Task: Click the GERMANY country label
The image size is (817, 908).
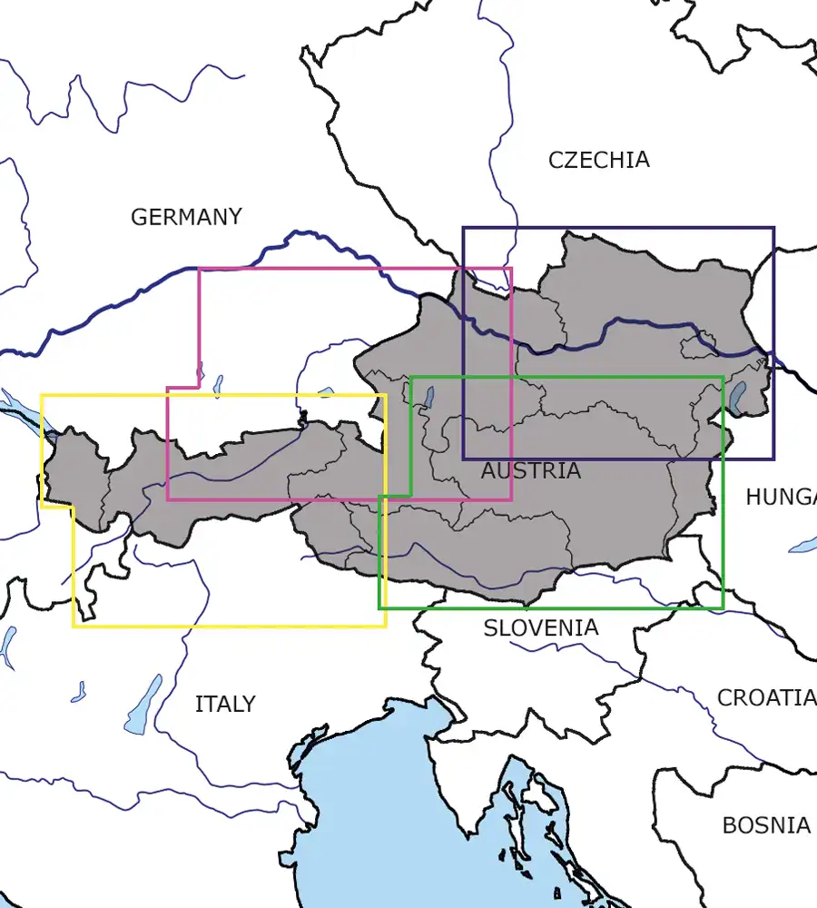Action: tap(186, 217)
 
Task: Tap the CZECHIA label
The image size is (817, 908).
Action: tap(598, 160)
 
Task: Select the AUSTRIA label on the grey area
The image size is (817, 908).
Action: tap(530, 471)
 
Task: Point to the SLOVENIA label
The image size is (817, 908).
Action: tap(540, 627)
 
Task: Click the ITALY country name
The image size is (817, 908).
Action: tap(225, 704)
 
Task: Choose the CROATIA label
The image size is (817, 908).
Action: tap(765, 697)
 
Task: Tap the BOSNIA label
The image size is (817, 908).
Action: tap(766, 825)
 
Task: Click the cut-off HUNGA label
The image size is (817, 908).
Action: tap(780, 497)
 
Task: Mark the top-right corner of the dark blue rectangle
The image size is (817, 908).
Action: tap(773, 228)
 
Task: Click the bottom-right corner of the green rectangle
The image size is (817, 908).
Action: tap(723, 607)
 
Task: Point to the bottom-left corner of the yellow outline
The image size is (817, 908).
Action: tap(74, 626)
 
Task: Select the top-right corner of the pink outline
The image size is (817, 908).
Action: tap(511, 268)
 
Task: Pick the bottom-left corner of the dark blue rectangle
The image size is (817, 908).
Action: tap(464, 459)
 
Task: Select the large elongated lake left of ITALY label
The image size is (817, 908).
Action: tap(143, 704)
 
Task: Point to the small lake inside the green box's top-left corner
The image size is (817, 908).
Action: tap(428, 397)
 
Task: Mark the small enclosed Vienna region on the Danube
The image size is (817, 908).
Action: tap(696, 345)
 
